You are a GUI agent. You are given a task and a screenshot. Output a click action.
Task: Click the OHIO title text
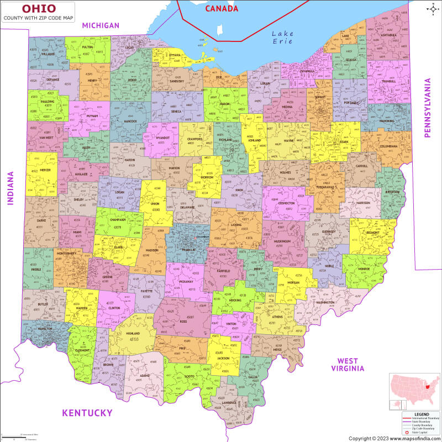click(38, 8)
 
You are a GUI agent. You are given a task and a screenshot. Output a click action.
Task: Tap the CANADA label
click(222, 8)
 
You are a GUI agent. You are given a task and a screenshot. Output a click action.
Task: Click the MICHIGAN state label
click(100, 25)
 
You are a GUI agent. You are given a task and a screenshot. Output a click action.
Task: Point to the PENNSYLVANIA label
click(427, 108)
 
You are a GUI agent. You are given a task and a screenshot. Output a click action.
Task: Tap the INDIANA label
click(9, 188)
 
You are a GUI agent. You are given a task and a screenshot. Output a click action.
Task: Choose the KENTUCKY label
click(87, 413)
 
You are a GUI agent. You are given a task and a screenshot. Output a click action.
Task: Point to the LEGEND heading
click(421, 413)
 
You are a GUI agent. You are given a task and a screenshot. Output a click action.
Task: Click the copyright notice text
click(394, 438)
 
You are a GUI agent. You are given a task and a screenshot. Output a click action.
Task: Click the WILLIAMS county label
click(48, 54)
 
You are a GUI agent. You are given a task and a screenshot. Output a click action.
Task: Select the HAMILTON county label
click(45, 329)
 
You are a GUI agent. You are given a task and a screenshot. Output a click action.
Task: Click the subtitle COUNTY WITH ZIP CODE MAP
click(38, 18)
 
